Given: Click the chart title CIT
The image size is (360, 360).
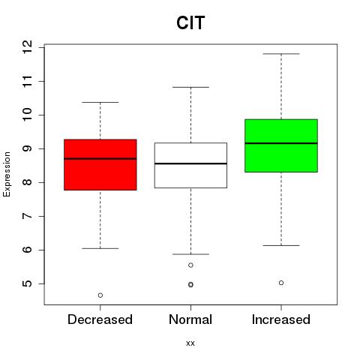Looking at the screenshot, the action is click(x=190, y=22).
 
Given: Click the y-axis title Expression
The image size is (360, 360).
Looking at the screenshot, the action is click(x=7, y=174).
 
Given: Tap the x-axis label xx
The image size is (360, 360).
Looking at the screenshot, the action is click(x=190, y=343).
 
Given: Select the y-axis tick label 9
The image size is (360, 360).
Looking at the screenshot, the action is click(x=27, y=148).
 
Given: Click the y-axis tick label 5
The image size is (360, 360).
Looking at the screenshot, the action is click(x=27, y=283).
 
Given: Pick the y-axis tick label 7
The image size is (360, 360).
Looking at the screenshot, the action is click(x=27, y=216).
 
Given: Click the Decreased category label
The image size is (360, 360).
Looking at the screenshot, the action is click(x=100, y=319).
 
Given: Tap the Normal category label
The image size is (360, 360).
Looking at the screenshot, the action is click(x=190, y=319).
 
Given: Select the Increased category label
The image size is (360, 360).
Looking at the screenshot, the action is click(x=281, y=319).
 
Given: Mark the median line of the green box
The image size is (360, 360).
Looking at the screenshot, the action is click(x=281, y=143).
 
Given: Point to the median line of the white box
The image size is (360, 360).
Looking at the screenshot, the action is click(x=190, y=163).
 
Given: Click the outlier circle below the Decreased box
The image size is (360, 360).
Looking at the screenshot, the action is click(x=100, y=295).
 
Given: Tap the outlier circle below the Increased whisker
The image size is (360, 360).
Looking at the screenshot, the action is click(x=281, y=283).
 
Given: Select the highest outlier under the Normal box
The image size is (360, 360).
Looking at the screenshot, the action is click(x=190, y=265).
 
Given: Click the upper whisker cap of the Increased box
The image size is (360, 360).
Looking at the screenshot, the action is click(x=281, y=54).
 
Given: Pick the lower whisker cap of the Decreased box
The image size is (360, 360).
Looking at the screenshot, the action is click(x=100, y=248).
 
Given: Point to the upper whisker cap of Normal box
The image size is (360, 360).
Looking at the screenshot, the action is click(x=190, y=87).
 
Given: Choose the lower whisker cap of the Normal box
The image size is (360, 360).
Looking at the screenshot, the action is click(x=190, y=254).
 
